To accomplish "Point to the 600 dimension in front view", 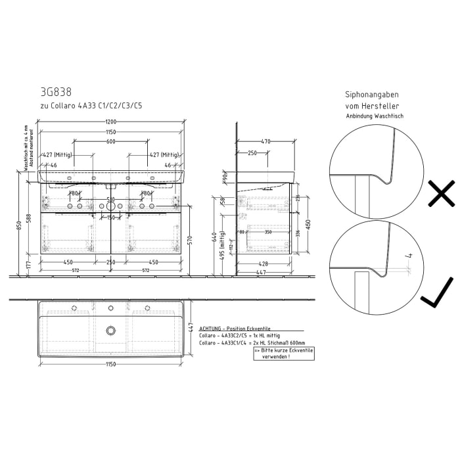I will click(111, 141).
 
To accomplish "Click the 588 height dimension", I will click(29, 218).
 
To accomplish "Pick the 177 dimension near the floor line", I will click(29, 264).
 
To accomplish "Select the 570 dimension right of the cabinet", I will click(189, 240).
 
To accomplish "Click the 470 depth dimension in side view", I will click(265, 141).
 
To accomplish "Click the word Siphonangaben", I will click(372, 95).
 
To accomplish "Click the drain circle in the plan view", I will click(111, 330).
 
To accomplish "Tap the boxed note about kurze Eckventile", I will click(283, 353).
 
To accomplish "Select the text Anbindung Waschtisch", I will click(375, 116).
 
